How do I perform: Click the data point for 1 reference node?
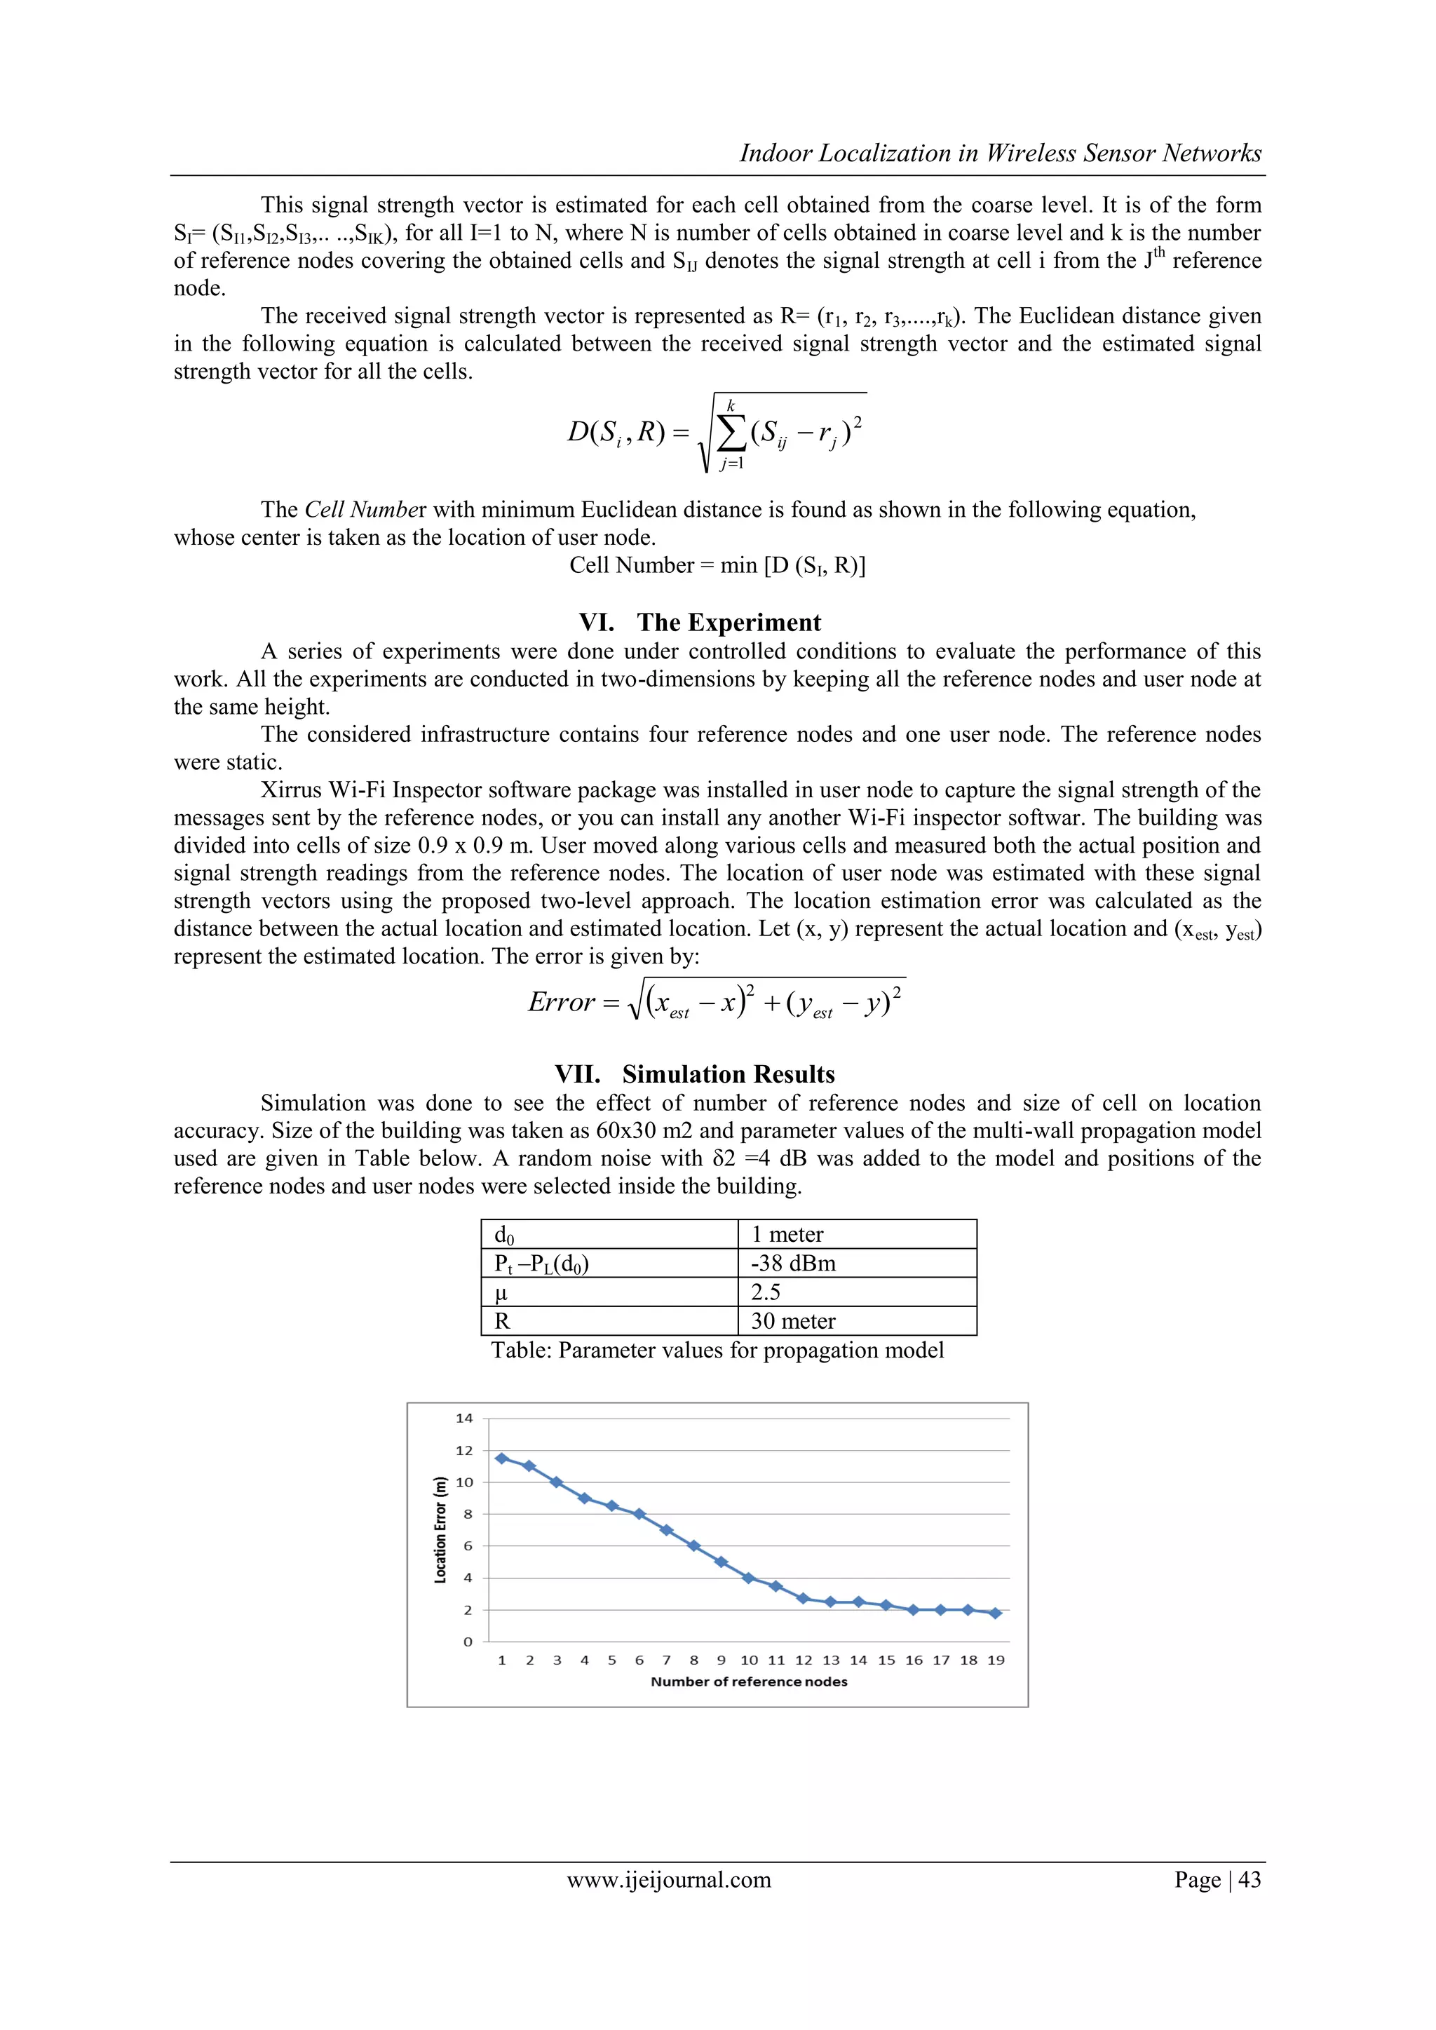point(501,1458)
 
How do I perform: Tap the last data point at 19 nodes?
point(996,1613)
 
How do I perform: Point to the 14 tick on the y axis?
point(464,1418)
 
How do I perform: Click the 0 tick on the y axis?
point(468,1642)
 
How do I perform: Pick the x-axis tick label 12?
point(803,1660)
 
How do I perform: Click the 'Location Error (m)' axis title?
point(440,1529)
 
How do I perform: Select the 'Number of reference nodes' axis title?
point(749,1681)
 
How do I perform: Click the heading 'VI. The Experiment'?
point(700,623)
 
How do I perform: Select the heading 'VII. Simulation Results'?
point(695,1074)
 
